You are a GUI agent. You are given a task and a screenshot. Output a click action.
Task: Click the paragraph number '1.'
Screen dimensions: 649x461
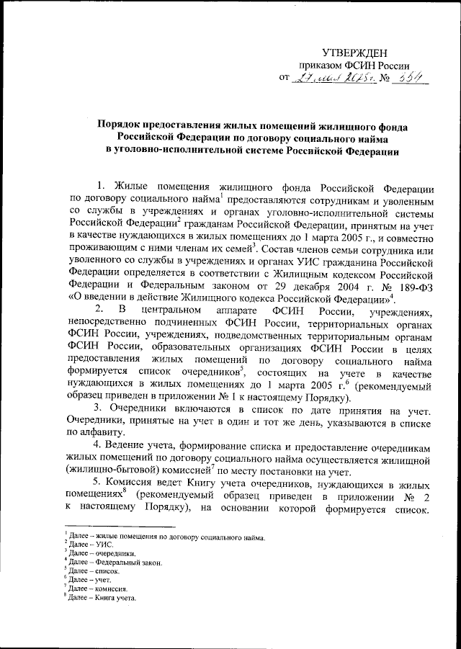click(x=102, y=180)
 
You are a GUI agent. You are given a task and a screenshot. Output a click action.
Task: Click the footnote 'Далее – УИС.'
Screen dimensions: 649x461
click(x=84, y=547)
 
